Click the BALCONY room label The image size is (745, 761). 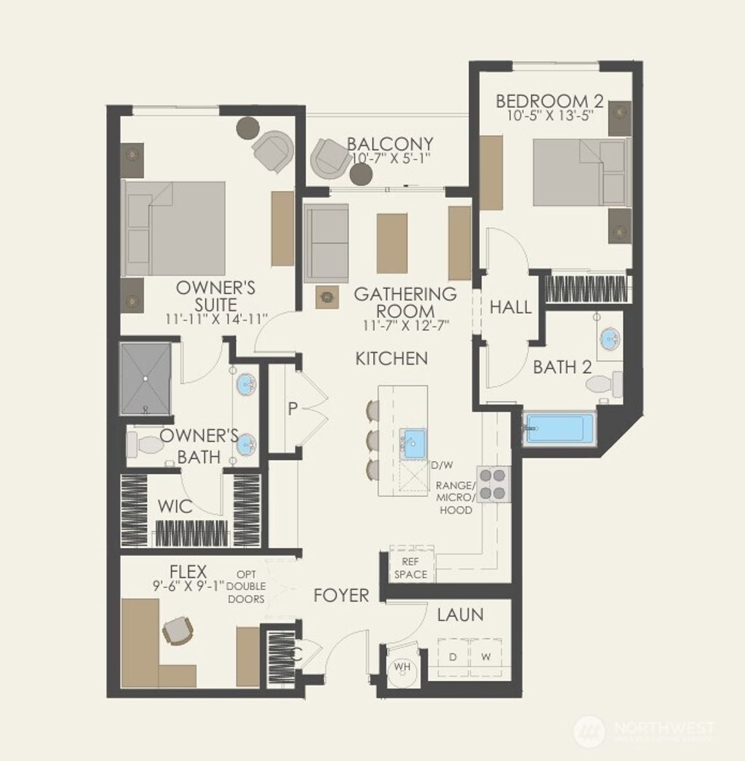[x=390, y=144]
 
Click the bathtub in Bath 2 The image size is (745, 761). [x=559, y=428]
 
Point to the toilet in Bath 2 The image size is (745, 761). [x=605, y=383]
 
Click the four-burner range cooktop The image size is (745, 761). [x=493, y=484]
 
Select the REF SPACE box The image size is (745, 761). [x=411, y=567]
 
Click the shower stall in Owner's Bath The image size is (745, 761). [x=146, y=378]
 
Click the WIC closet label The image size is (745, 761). [x=176, y=506]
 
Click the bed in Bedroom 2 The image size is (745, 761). [x=578, y=172]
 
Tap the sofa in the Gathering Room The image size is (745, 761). [x=326, y=244]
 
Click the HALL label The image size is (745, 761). [x=511, y=307]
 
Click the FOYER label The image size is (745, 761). [x=341, y=595]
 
